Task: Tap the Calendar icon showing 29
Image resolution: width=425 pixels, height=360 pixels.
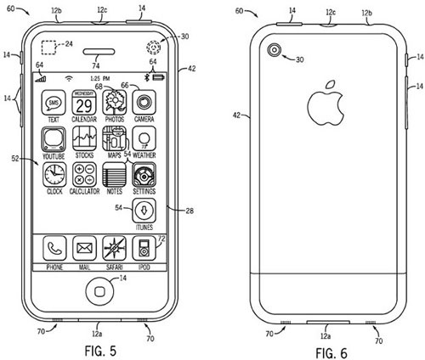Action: (82, 104)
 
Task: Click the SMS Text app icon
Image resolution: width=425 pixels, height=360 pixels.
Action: (53, 104)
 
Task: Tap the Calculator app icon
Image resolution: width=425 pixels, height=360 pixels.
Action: (83, 176)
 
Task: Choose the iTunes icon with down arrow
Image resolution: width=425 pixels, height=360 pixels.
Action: (144, 210)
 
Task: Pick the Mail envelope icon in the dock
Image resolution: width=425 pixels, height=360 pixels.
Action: (83, 249)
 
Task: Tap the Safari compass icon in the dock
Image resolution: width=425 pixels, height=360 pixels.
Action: (114, 249)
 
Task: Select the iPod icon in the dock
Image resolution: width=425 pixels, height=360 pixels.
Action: (144, 249)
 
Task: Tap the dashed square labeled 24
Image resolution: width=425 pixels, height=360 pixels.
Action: (52, 48)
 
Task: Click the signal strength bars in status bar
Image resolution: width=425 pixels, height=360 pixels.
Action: (40, 79)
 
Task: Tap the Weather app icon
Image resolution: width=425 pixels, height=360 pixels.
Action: (144, 139)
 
